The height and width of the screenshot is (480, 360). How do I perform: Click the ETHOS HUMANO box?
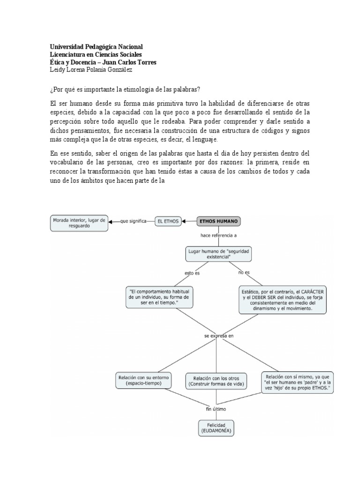click(219, 221)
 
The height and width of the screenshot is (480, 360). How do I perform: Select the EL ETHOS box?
click(168, 221)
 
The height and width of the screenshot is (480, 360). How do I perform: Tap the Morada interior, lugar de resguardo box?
click(80, 222)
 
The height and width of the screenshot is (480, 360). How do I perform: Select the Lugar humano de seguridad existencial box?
click(219, 255)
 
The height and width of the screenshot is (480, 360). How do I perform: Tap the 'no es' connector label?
click(243, 272)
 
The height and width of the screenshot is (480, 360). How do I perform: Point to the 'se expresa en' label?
click(218, 336)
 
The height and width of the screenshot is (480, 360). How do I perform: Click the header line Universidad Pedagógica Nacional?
click(96, 47)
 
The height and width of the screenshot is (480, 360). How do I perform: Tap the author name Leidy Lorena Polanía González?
click(91, 70)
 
